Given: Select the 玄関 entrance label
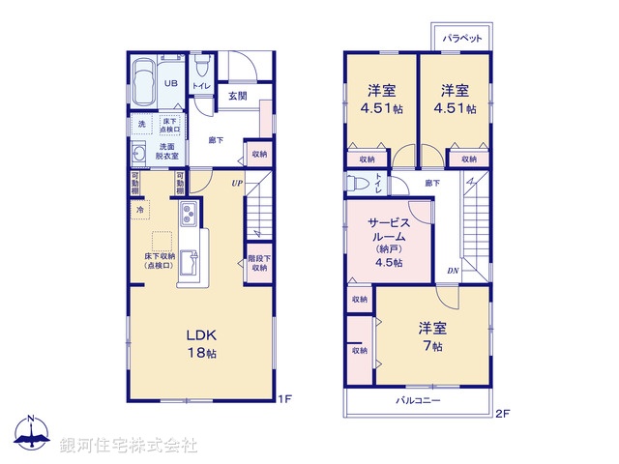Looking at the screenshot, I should coord(238,96).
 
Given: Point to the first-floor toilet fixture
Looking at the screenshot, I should coord(201,67).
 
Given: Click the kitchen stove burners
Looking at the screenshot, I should coord(188,214).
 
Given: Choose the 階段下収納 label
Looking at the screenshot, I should coord(258,262).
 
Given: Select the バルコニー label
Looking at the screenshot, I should coord(418,399).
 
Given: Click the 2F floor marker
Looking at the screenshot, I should coord(502,413).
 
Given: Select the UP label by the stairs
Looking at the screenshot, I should coord(236,181).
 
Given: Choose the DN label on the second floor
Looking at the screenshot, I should coord(452,271).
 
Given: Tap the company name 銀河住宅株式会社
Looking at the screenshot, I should coord(128,446).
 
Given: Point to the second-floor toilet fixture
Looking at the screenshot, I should coord(355,182).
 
